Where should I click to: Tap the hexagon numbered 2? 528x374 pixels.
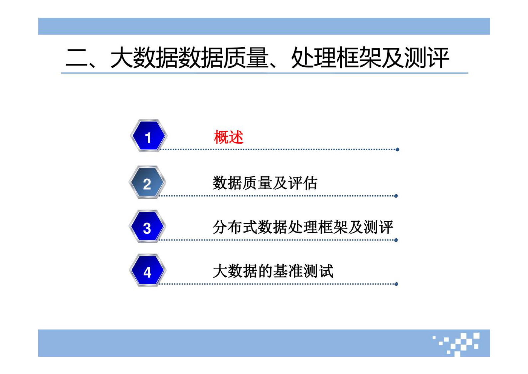click(x=147, y=183)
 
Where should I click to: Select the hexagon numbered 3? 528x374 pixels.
click(x=147, y=227)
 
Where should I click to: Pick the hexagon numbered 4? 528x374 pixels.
click(x=147, y=271)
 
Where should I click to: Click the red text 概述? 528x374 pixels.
click(x=229, y=137)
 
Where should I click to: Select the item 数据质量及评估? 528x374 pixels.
click(x=265, y=183)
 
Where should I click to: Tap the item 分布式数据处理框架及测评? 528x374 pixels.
click(x=303, y=227)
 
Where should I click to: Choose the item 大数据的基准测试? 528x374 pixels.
click(x=273, y=271)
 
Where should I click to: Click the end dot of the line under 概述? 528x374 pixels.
click(x=397, y=150)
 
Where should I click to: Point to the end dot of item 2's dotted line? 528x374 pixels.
click(x=396, y=196)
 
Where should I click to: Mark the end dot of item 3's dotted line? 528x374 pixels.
click(x=396, y=240)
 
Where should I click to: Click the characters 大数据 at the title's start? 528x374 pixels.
click(x=144, y=58)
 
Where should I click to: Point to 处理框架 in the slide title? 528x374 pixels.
click(x=336, y=58)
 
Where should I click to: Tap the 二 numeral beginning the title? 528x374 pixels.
click(x=77, y=58)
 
